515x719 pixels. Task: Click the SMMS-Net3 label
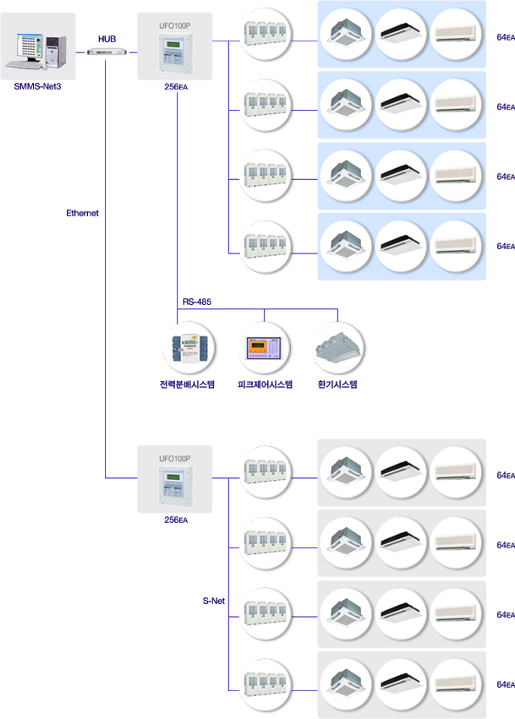pos(37,86)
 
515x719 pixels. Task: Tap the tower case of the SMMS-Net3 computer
pos(56,52)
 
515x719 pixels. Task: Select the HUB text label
pos(107,39)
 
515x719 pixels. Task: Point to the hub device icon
pos(107,52)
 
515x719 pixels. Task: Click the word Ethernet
pos(82,213)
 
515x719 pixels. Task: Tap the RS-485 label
pos(197,302)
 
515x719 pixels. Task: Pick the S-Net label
pos(214,601)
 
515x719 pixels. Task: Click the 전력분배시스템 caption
pos(187,384)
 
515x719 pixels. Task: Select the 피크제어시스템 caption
pos(265,384)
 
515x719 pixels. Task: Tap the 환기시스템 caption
pos(337,384)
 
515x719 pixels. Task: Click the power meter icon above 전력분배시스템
pos(189,349)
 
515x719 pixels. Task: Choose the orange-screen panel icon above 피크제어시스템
pos(264,348)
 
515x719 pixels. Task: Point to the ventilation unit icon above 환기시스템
pos(337,348)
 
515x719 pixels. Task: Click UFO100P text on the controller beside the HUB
pos(174,25)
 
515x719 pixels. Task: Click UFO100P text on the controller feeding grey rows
pos(174,459)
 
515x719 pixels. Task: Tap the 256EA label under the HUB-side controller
pos(176,87)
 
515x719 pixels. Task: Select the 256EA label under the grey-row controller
pos(176,520)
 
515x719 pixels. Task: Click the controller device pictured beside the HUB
pos(175,52)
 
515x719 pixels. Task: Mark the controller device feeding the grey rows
pos(175,486)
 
